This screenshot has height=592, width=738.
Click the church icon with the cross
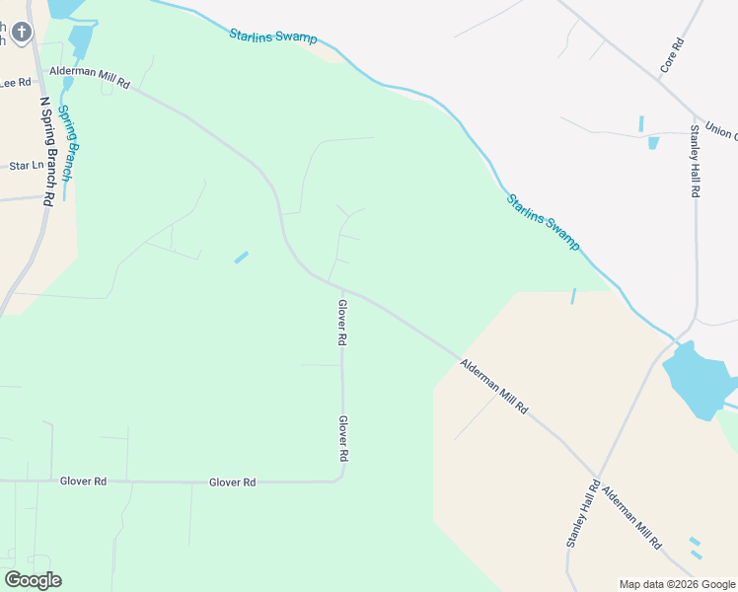click(22, 33)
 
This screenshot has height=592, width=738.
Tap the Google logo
click(33, 580)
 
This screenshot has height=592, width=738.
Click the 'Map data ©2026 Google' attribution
click(678, 584)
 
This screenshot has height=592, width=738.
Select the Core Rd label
click(672, 56)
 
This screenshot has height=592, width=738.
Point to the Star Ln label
click(26, 167)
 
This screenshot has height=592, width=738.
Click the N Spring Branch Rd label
click(46, 148)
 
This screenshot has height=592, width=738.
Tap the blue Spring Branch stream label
click(65, 142)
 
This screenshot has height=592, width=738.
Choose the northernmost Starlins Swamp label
click(273, 37)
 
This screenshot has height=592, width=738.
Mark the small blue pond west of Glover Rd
click(241, 258)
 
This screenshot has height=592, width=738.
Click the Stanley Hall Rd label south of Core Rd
click(695, 161)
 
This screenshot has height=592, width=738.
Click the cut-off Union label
click(721, 132)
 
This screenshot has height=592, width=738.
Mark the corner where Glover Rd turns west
click(340, 479)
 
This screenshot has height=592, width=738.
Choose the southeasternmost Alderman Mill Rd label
click(631, 517)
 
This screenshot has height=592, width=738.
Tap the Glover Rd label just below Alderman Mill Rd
click(342, 323)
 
